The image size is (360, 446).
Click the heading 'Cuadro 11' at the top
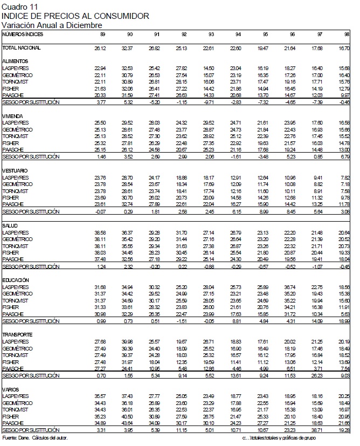17,6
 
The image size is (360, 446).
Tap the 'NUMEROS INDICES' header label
23,34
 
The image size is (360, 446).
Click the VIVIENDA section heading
12,115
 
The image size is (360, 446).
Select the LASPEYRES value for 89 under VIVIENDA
100,123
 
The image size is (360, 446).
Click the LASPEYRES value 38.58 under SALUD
100,232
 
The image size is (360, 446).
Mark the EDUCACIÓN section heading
16,280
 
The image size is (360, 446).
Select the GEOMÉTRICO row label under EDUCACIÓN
17,293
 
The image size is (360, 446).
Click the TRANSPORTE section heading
17,334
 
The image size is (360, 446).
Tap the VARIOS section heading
11,389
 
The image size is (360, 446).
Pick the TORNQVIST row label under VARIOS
16,410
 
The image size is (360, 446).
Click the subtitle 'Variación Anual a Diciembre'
52,25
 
